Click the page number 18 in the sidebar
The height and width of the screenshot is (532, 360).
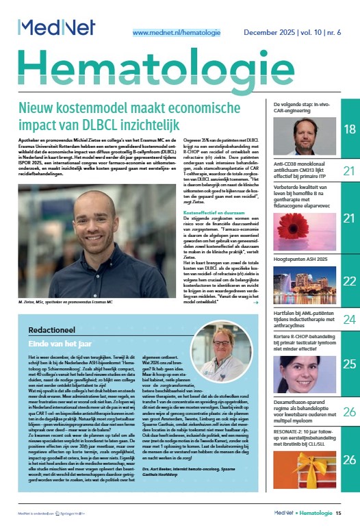coord(348,129)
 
